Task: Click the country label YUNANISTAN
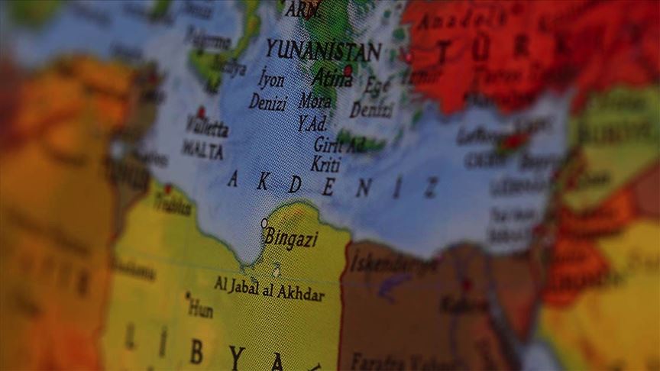coord(323,51)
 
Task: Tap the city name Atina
coord(330,78)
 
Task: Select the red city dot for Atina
coord(348,70)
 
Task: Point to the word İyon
coord(273,80)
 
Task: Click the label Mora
coord(315,100)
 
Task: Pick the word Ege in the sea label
coord(377,85)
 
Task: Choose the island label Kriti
coord(325,163)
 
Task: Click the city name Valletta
coord(206,126)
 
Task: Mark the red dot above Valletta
coord(202,111)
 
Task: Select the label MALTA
coord(202,149)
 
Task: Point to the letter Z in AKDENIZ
coord(432,188)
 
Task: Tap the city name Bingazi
coord(291,238)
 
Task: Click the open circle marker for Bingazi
coord(264,223)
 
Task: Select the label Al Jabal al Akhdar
coord(269,289)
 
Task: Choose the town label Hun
coord(201,308)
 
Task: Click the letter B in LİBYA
coord(197,352)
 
